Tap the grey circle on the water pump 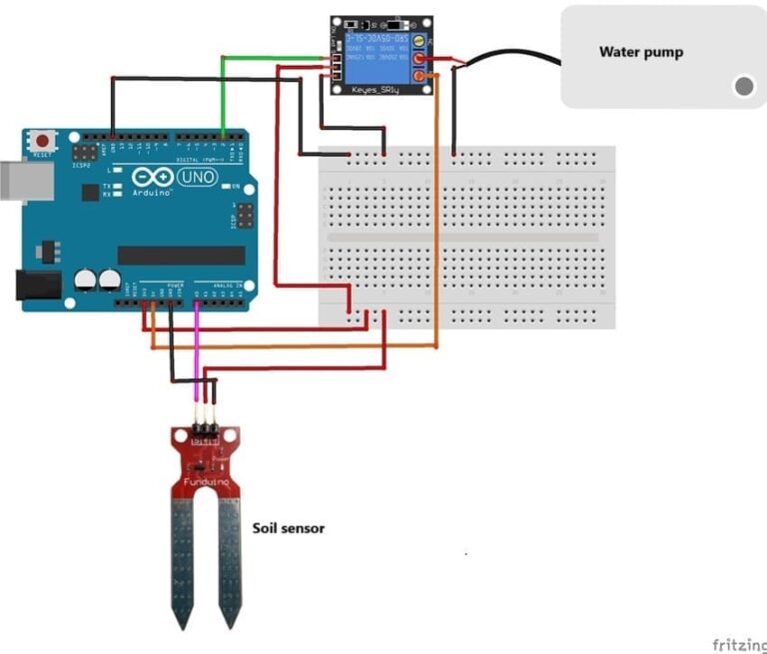pos(743,87)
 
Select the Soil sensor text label pos(288,528)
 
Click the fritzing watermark pos(738,644)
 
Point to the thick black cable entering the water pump pos(509,55)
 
